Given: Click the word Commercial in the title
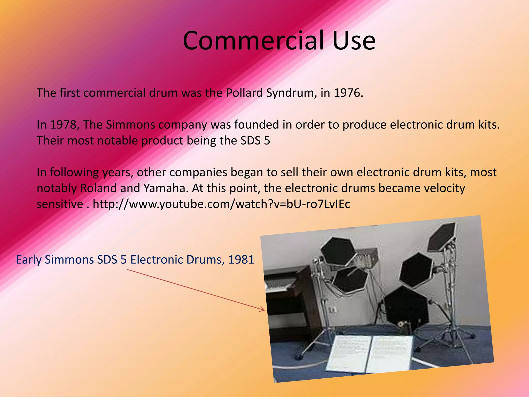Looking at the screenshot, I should pyautogui.click(x=253, y=41).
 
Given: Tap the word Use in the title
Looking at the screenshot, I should pyautogui.click(x=354, y=41).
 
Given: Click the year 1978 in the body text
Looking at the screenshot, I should pyautogui.click(x=63, y=125).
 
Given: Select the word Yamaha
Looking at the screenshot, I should pyautogui.click(x=164, y=188).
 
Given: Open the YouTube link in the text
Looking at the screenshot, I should pyautogui.click(x=221, y=204).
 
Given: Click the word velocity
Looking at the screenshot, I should pyautogui.click(x=444, y=188).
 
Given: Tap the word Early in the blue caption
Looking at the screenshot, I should pyautogui.click(x=29, y=260).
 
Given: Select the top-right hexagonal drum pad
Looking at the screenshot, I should pyautogui.click(x=442, y=236).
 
